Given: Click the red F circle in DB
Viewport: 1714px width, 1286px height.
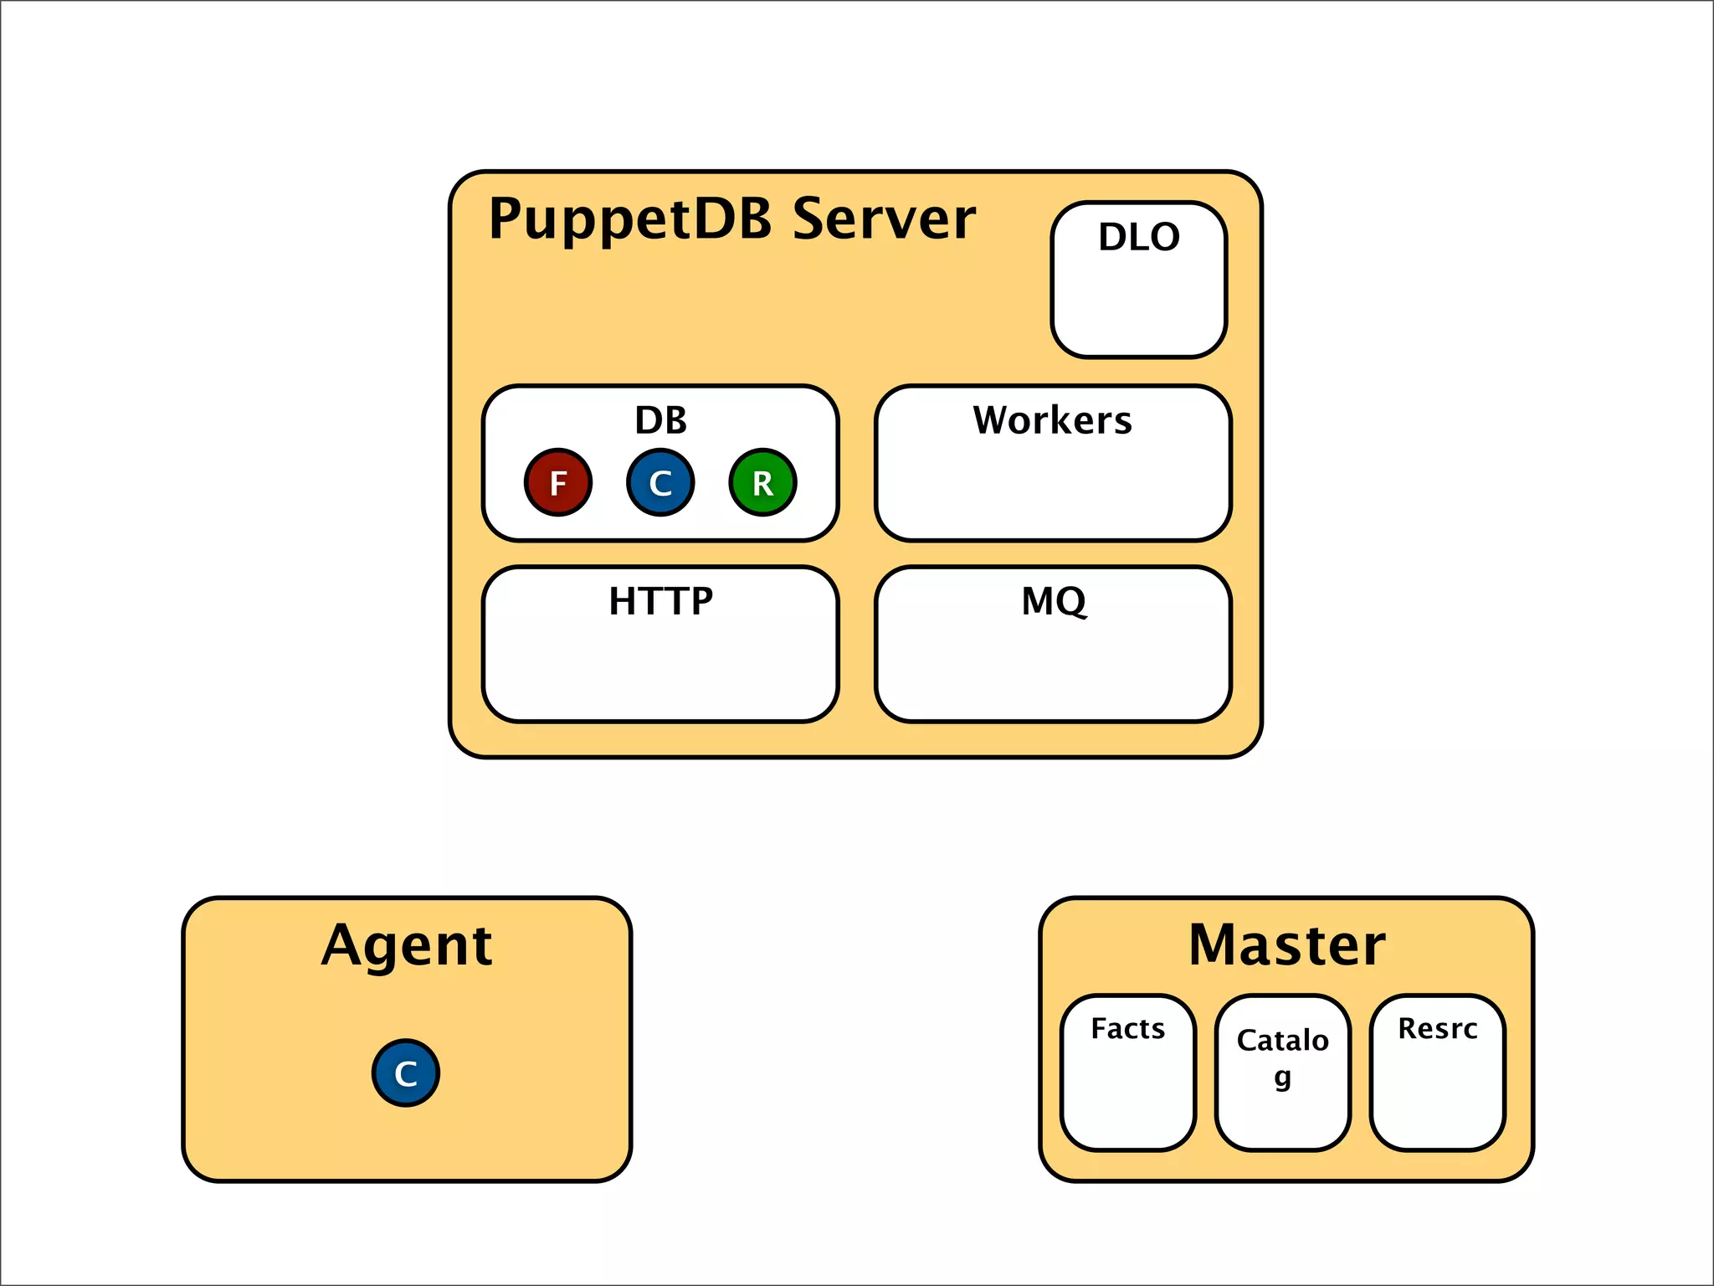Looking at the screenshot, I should point(558,482).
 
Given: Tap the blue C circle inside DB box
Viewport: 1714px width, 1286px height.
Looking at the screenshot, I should point(660,482).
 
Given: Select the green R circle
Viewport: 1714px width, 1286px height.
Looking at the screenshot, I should point(762,482).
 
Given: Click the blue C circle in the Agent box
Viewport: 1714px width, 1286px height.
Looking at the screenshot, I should point(406,1073).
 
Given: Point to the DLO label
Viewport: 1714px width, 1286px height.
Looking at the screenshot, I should point(1139,237).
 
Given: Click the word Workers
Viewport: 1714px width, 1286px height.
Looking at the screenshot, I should point(1052,420).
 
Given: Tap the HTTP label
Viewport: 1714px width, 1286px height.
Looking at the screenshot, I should point(660,601).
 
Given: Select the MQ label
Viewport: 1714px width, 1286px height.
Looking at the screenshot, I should point(1054,601).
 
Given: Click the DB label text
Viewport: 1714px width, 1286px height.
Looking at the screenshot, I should point(660,420).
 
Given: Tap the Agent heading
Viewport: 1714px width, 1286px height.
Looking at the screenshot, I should point(407,946).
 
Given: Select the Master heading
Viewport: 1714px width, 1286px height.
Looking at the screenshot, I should point(1286,945).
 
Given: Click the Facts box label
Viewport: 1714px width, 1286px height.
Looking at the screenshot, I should point(1127,1028).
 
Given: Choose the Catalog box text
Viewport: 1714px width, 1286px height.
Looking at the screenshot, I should point(1282,1041).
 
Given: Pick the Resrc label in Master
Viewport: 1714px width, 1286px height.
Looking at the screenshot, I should point(1437,1028).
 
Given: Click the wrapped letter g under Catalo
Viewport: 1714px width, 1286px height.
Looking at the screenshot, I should point(1282,1078).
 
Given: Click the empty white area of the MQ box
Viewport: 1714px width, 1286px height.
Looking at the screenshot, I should point(1054,670).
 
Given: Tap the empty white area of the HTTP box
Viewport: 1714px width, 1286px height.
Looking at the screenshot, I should point(660,670).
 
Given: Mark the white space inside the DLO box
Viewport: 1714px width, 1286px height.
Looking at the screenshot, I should point(1139,306).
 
